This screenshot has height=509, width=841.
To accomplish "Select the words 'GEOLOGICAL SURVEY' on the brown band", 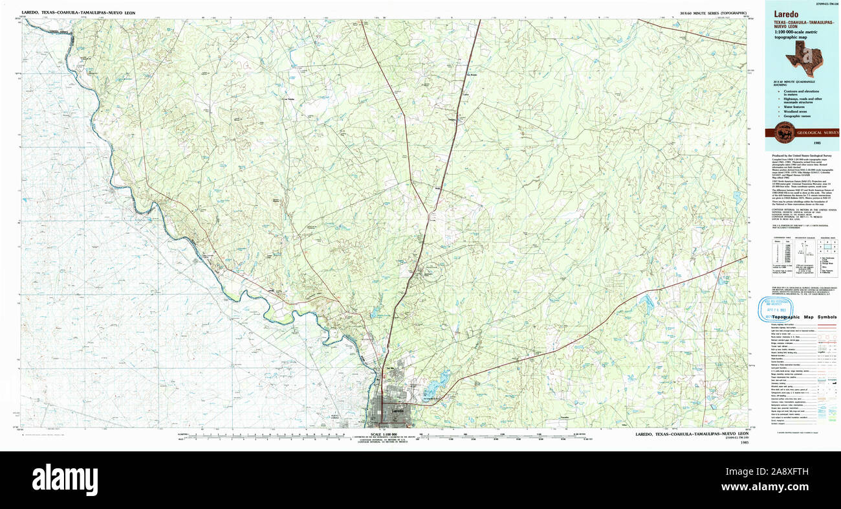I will click(817, 133).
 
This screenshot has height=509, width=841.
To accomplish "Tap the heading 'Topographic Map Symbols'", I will click(804, 317).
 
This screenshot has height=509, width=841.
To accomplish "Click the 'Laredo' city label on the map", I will click(397, 411).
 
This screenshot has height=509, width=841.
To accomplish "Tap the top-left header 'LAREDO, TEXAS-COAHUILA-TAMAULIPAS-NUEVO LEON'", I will click(78, 12).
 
